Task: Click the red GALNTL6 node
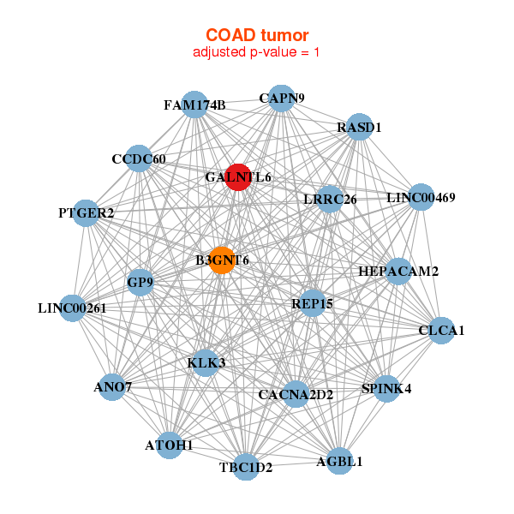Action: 238,177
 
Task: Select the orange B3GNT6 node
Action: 222,260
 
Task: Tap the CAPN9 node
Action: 281,99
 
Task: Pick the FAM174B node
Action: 194,105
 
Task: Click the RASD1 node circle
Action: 359,127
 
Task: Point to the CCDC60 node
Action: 139,158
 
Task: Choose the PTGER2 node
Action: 86,213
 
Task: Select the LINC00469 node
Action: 421,197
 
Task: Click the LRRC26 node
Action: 330,199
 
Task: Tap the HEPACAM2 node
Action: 398,271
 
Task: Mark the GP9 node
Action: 140,282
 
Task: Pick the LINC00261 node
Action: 73,308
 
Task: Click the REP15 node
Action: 313,303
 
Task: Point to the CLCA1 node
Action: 441,331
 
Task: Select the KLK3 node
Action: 206,363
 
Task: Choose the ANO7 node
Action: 112,387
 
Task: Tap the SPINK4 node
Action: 387,388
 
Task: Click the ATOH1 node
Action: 169,445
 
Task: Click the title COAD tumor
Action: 257,35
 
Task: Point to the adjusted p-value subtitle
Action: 256,52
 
